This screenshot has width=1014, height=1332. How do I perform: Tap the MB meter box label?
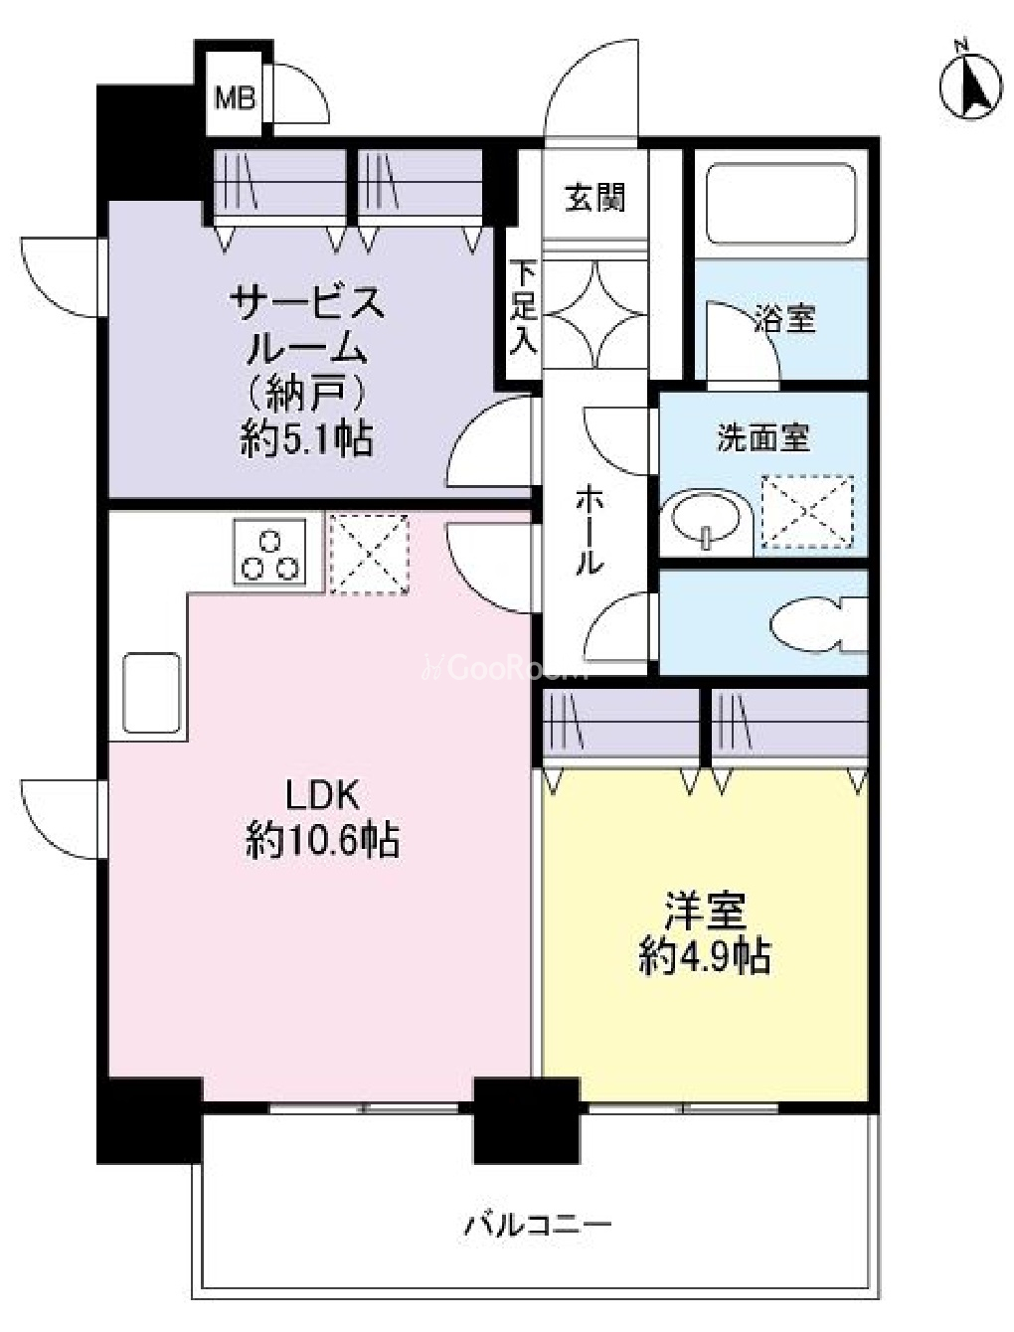(x=236, y=97)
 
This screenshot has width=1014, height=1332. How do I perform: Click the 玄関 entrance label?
(x=594, y=198)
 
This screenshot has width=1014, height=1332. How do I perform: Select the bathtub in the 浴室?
(x=781, y=204)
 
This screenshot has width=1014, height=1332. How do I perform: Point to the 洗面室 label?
(x=764, y=437)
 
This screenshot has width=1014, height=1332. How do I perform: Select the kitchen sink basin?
(x=151, y=693)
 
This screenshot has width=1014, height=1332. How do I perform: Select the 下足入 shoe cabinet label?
(x=523, y=307)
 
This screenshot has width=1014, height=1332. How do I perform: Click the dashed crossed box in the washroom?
(x=807, y=513)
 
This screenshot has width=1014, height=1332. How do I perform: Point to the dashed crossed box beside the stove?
(x=369, y=554)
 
